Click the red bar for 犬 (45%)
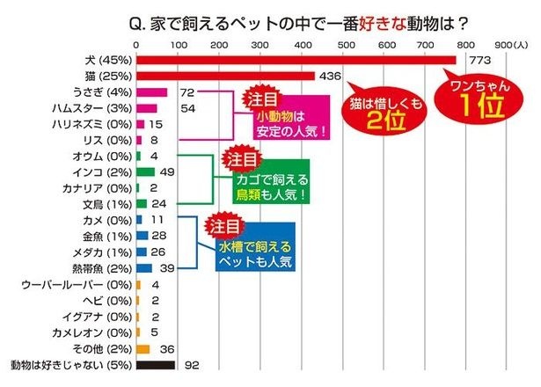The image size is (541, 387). coord(296,60)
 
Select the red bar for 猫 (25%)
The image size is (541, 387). coord(225,77)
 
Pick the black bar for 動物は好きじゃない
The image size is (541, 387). coord(155,363)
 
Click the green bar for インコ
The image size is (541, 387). coord(146,172)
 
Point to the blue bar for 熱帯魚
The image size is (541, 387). coord(144,267)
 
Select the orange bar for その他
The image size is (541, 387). coord(143,347)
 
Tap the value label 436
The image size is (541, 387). coord(334,77)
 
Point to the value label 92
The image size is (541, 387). coord(190,363)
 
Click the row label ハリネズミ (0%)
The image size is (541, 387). coord(89,124)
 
